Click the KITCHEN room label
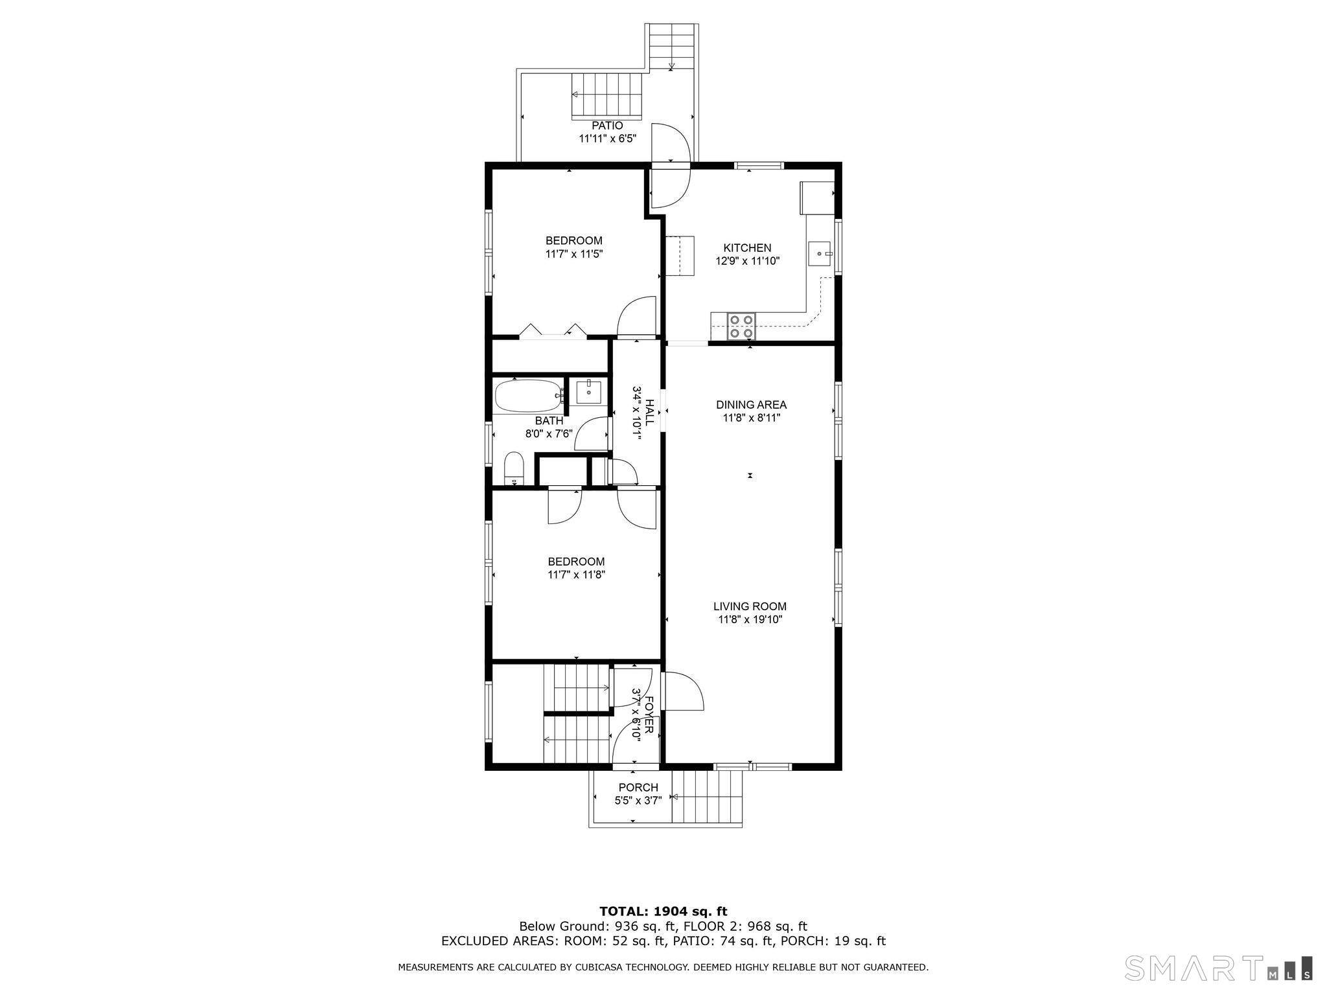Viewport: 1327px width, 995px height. (747, 248)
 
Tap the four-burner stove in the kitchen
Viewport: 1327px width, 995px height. (741, 326)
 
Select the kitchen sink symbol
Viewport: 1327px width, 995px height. (820, 254)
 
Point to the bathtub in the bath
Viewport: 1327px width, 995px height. (528, 396)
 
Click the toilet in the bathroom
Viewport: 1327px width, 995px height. (514, 468)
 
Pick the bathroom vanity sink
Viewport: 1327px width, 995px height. (589, 393)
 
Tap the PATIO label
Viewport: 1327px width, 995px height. (607, 126)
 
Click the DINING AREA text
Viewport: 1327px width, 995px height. (751, 405)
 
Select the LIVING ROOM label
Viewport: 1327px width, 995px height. (750, 607)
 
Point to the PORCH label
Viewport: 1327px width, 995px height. (638, 788)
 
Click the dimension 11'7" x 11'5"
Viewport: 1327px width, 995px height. (574, 255)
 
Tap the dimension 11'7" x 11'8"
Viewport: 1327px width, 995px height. (576, 575)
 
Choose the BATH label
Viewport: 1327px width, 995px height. (549, 421)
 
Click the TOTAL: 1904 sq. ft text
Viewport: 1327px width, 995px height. (663, 912)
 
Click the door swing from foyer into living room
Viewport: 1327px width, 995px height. (684, 691)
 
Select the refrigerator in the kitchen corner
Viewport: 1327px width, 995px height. (817, 198)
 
